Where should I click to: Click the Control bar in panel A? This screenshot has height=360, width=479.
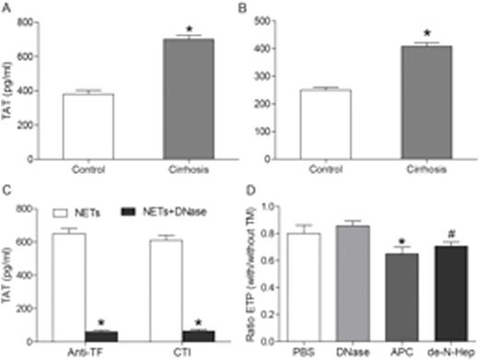88,127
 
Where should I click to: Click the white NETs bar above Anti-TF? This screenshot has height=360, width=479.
71,286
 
